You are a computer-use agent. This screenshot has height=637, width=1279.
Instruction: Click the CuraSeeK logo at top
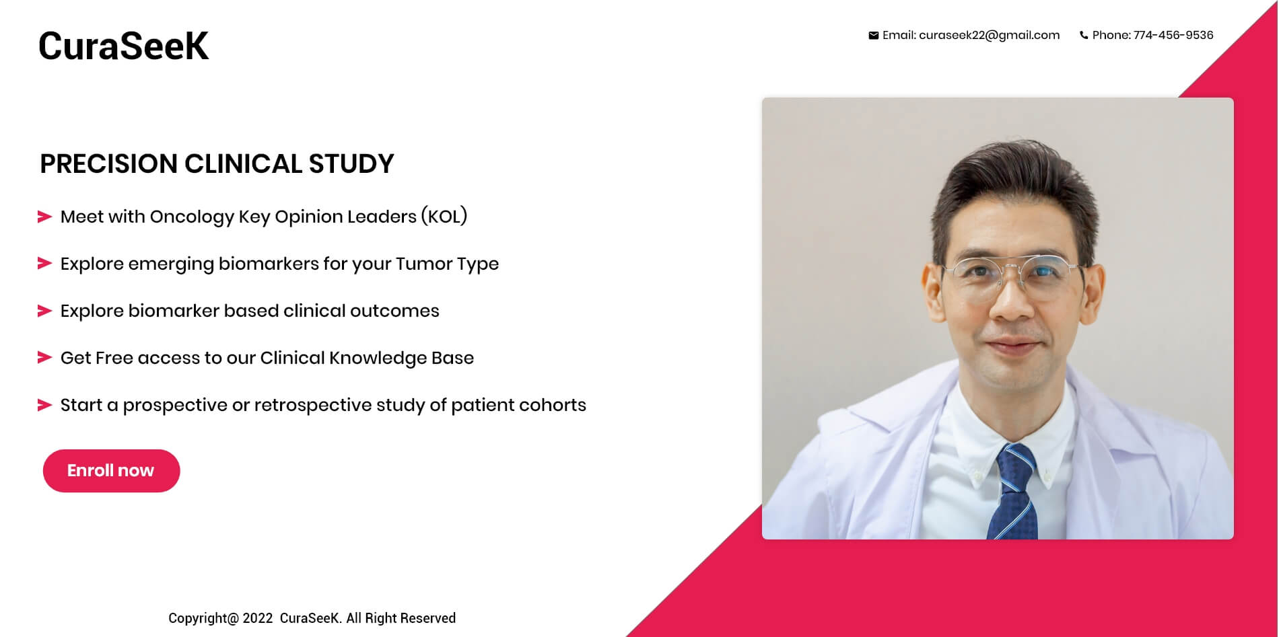click(x=123, y=46)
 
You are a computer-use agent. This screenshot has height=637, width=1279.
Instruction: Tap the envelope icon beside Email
click(x=873, y=36)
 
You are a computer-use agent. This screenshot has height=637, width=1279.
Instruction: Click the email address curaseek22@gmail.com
click(x=989, y=36)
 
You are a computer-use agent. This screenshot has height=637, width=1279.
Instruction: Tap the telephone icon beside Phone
click(x=1084, y=36)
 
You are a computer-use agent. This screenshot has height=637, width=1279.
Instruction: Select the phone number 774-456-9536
click(x=1173, y=35)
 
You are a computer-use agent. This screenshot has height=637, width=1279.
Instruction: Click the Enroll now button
click(x=111, y=471)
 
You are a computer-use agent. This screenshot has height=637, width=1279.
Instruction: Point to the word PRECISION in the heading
click(x=108, y=163)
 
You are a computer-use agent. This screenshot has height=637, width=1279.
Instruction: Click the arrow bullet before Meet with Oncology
click(x=44, y=217)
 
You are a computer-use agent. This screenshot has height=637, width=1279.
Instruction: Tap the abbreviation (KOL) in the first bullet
click(x=444, y=217)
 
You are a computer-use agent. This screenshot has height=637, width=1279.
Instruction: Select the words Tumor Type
click(x=447, y=264)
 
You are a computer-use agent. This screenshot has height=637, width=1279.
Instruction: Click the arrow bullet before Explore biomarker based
click(x=44, y=311)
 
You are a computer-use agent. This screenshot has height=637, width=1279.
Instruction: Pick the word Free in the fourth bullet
click(x=114, y=358)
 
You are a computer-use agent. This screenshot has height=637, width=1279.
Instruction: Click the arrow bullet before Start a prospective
click(x=44, y=405)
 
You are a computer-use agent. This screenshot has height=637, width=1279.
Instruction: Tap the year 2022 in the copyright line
click(x=258, y=618)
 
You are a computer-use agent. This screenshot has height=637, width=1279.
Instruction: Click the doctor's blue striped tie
click(x=1014, y=492)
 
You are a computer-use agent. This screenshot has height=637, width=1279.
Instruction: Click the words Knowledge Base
click(x=401, y=358)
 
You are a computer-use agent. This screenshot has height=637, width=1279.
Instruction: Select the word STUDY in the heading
click(x=351, y=163)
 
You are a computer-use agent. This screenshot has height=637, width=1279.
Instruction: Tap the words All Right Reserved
click(x=401, y=618)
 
